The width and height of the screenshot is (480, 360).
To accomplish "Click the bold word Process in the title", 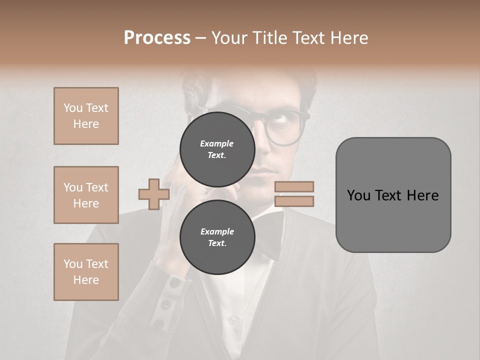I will tap(157, 38).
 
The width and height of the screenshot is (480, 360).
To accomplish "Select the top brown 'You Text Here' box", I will tap(86, 116).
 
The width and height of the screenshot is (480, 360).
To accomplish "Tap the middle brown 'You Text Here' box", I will tap(86, 195).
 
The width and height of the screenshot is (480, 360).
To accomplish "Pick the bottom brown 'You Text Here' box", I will tap(86, 272).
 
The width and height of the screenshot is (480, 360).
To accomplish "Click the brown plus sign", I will tap(153, 194).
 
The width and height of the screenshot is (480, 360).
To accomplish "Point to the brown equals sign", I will tap(294, 194).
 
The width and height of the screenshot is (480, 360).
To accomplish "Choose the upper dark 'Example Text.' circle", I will tap(217, 149).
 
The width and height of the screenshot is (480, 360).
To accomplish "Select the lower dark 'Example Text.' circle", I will tap(217, 237).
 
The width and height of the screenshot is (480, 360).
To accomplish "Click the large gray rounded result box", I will tap(393, 195).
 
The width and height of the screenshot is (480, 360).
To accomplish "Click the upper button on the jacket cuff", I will tap(174, 283).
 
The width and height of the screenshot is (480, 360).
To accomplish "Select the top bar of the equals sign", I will tap(294, 186).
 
